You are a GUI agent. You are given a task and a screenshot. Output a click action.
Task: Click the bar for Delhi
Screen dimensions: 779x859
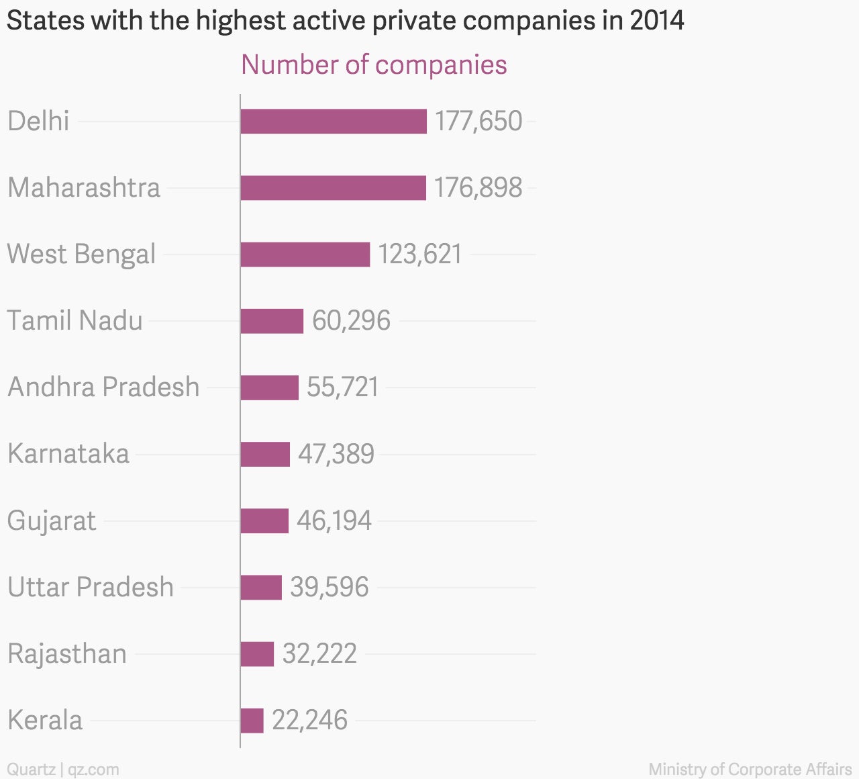click(334, 122)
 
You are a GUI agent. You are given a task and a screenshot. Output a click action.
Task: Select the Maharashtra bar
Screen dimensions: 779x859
click(333, 188)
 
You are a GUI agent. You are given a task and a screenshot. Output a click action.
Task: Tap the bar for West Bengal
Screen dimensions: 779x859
click(305, 255)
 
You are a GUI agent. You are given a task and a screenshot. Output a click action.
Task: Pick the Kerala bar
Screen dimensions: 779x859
click(252, 721)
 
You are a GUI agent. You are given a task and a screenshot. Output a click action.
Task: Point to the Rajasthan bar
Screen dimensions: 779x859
click(257, 654)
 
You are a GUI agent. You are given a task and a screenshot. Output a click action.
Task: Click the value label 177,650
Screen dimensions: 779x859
click(478, 122)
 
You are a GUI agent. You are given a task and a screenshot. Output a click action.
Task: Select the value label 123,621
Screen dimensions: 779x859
click(420, 255)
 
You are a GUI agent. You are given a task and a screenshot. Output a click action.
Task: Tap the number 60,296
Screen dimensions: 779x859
click(351, 321)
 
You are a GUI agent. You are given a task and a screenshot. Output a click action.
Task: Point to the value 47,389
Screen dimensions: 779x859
click(336, 454)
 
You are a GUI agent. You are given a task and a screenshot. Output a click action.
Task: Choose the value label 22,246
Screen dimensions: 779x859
click(310, 721)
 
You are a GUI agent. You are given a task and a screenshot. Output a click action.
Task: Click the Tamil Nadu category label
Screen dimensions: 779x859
click(75, 320)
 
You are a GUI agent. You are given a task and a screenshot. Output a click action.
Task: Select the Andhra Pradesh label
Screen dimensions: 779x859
click(104, 387)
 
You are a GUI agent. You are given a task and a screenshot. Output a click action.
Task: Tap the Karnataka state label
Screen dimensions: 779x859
click(68, 453)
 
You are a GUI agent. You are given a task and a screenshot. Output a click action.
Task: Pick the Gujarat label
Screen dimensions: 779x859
click(52, 521)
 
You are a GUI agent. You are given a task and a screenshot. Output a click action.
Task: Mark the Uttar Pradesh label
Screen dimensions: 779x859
click(91, 587)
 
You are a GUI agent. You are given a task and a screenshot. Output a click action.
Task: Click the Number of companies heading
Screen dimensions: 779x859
click(374, 64)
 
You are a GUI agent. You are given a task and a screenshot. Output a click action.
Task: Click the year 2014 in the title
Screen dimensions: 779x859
click(657, 21)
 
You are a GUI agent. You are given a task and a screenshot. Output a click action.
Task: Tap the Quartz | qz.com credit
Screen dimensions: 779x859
click(63, 770)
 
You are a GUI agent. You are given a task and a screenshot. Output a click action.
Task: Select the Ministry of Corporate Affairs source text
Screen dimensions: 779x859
click(750, 770)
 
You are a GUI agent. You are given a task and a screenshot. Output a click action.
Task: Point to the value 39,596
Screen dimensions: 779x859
click(330, 588)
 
